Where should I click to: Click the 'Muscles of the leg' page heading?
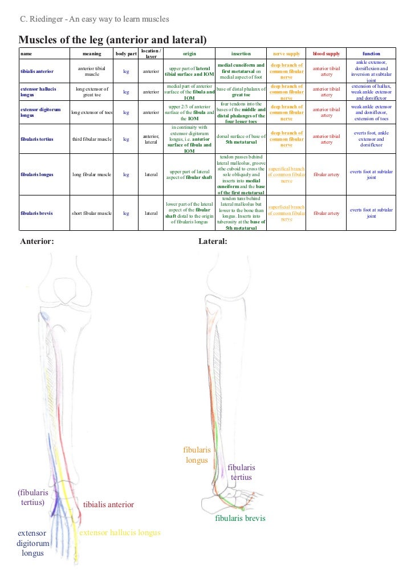(112, 39)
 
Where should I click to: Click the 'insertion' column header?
(241, 54)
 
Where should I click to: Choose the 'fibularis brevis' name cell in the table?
(36, 213)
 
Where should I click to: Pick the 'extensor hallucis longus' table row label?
(39, 92)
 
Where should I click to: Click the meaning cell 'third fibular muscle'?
(92, 139)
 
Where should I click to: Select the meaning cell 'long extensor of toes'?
(92, 112)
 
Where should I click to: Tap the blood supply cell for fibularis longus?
(326, 174)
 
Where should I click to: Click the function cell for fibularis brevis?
(371, 213)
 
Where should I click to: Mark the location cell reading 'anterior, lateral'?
(151, 139)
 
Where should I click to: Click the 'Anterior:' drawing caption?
(37, 242)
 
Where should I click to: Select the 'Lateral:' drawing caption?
(213, 242)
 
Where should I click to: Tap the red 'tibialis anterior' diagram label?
(109, 504)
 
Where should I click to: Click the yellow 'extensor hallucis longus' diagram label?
(120, 533)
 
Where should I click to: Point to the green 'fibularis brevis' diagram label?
(240, 519)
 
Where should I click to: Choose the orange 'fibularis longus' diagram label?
(197, 455)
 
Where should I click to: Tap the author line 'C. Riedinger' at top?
(94, 19)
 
